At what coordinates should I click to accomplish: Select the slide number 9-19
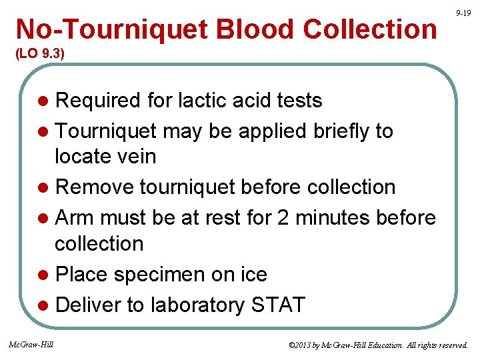[x=463, y=13]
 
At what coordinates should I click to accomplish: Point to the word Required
[x=98, y=101]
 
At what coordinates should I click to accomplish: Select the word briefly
[x=343, y=131]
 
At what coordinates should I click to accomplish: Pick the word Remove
[x=95, y=187]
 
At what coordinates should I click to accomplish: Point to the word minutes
[x=339, y=218]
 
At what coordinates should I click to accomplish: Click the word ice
[x=253, y=274]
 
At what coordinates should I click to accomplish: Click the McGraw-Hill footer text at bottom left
[x=31, y=344]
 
